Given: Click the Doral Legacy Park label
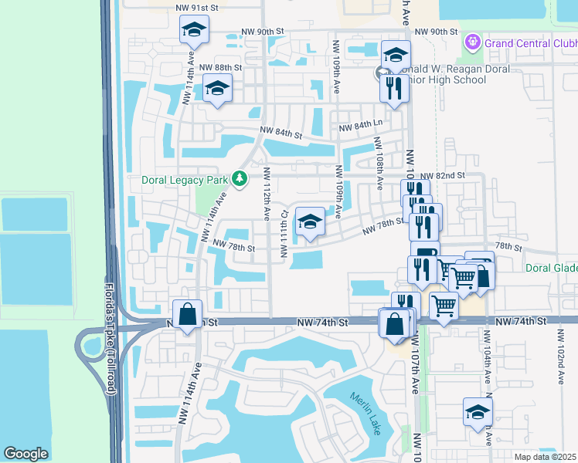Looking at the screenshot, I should tap(185, 180).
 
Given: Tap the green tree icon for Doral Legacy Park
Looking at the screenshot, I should tap(240, 179).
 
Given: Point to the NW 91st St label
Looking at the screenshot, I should tap(198, 7).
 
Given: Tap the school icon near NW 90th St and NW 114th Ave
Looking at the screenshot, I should tap(194, 32).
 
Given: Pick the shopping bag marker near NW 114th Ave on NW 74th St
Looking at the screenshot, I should tap(187, 314).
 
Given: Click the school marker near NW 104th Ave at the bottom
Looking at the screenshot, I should tap(478, 411).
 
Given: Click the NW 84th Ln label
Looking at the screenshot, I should tap(356, 124).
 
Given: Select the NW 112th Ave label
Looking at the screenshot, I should tap(266, 188).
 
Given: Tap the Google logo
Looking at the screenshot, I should tap(25, 454).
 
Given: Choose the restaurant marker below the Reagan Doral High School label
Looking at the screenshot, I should tap(393, 88).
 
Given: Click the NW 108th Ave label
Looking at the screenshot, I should tap(379, 164).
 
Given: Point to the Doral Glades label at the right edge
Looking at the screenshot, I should tap(551, 268).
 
